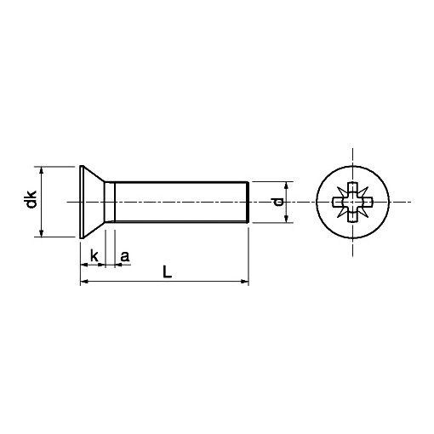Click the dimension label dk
tap(31, 199)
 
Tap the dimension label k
tap(94, 255)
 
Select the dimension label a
tap(125, 256)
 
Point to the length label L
tap(168, 271)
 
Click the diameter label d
tap(278, 202)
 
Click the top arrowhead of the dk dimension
tap(42, 170)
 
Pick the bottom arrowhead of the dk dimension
tap(42, 233)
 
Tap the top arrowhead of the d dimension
tap(286, 186)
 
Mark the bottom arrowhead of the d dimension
tap(286, 219)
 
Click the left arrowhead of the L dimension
tap(84, 282)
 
